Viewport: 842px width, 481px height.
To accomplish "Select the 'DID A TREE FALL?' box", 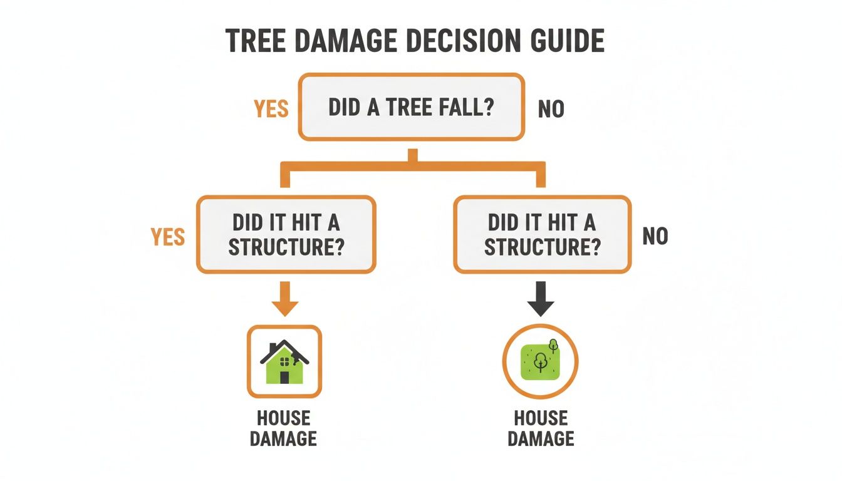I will point(411,106).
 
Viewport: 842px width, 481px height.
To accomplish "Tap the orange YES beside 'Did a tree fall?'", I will point(271,109).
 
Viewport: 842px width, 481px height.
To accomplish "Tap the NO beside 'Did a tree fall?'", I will point(551,110).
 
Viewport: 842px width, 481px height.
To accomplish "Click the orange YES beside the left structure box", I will point(168,237).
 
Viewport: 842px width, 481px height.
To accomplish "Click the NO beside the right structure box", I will point(655,236).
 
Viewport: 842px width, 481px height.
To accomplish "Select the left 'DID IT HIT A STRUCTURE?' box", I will point(286,234).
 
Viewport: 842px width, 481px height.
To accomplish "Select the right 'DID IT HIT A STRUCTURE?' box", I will point(542,234).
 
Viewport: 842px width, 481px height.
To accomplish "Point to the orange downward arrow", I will point(286,299).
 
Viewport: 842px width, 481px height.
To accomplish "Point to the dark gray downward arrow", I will point(540,299).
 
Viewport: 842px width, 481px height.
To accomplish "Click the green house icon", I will point(284,362).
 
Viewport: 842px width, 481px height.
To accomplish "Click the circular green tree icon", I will point(540,362).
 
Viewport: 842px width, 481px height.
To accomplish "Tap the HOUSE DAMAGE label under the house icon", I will point(283,428).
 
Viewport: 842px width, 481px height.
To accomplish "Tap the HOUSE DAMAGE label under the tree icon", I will point(541,428).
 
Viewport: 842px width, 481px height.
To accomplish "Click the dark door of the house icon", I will point(284,377).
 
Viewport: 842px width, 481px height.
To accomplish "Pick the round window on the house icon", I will point(285,361).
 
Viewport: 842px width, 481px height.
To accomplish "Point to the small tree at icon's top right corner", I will point(553,344).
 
